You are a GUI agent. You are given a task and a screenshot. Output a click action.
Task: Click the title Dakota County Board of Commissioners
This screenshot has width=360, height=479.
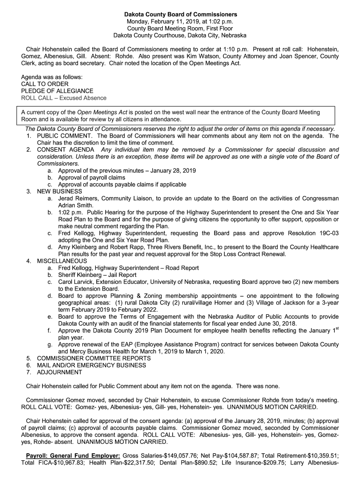[x=180, y=15]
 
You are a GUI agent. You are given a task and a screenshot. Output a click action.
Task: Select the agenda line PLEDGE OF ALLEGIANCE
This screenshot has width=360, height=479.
[x=58, y=91]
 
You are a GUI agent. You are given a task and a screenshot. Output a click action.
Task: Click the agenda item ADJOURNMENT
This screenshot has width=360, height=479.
[x=59, y=372]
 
